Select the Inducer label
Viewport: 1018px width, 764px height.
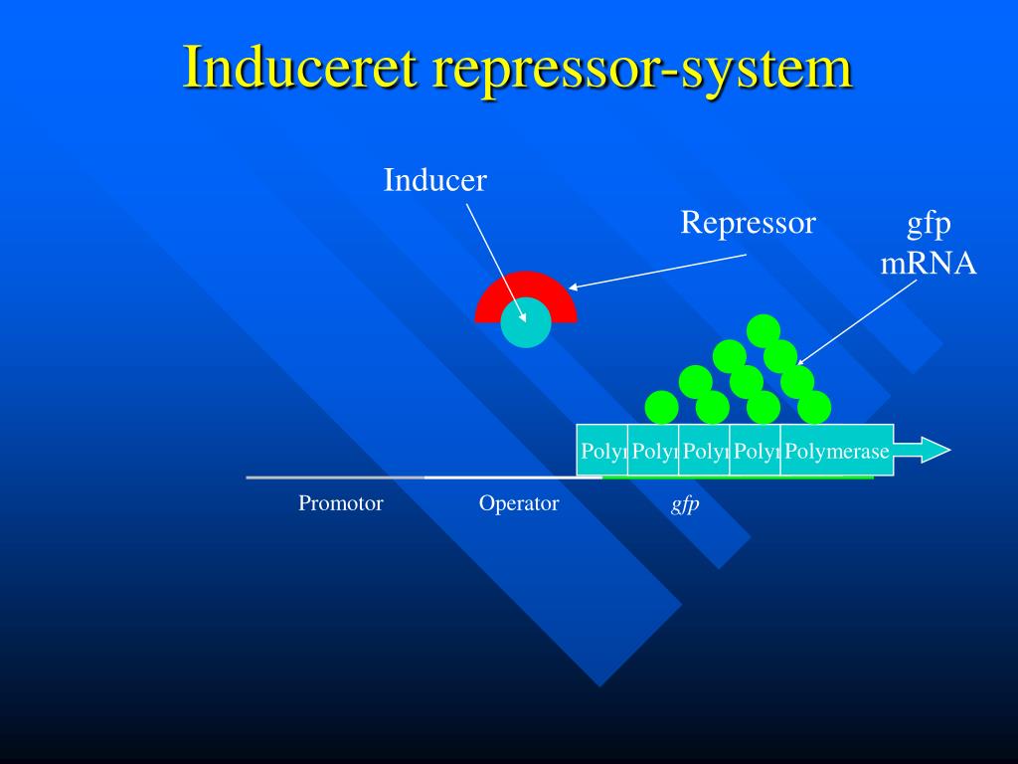tap(435, 180)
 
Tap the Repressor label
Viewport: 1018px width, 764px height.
tap(748, 223)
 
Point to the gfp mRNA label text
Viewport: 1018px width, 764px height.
tap(929, 245)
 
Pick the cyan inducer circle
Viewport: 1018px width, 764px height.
tap(525, 323)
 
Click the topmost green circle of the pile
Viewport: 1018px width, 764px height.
tap(763, 330)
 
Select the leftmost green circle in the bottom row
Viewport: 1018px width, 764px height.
tap(661, 407)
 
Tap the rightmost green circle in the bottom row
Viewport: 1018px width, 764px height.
tap(814, 407)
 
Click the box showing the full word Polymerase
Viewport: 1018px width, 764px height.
tap(837, 451)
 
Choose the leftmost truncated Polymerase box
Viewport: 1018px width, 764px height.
tap(602, 451)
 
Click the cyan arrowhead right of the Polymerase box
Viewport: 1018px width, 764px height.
tap(932, 451)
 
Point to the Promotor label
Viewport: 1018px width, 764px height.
tap(341, 503)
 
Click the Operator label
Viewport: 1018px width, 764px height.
tap(519, 503)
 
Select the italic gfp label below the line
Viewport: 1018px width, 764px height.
tap(685, 504)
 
